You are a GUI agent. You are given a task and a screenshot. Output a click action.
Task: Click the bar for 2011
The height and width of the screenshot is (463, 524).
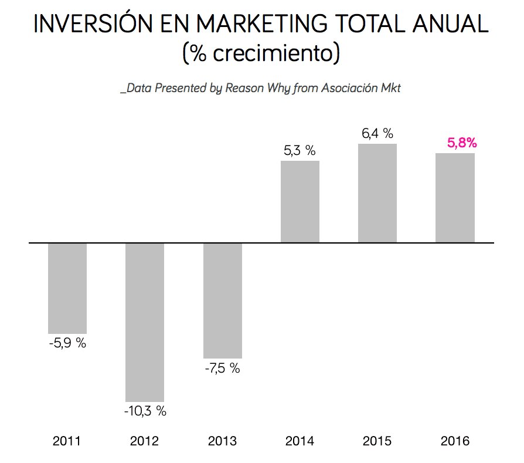coord(67,288)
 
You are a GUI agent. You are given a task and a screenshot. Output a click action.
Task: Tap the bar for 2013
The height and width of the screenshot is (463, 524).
coord(222,300)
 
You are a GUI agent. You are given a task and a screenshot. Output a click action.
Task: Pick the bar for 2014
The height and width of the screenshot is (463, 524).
coord(300,201)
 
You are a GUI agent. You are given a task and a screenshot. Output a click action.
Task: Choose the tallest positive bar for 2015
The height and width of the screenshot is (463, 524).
coord(377,193)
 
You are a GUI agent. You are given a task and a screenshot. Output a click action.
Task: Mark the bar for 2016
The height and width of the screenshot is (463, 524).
coord(455,198)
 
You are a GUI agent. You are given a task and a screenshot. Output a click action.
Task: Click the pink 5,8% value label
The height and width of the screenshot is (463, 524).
coord(462,143)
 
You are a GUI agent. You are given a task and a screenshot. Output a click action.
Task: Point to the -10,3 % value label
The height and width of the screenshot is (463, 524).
coord(145,411)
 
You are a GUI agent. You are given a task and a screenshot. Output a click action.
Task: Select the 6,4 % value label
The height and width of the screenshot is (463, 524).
coord(377,134)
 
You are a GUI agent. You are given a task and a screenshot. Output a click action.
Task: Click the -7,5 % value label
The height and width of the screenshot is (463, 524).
coord(222,369)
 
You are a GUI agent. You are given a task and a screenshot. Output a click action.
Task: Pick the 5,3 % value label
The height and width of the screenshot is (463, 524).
coord(300,151)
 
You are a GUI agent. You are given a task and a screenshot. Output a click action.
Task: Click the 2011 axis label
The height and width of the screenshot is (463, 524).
coord(67,441)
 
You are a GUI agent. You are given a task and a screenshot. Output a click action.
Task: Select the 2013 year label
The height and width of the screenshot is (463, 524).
coord(222,441)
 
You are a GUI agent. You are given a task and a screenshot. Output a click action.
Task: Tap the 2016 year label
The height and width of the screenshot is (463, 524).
coord(454,441)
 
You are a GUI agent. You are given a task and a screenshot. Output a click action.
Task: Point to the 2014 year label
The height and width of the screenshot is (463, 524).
coord(300,441)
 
